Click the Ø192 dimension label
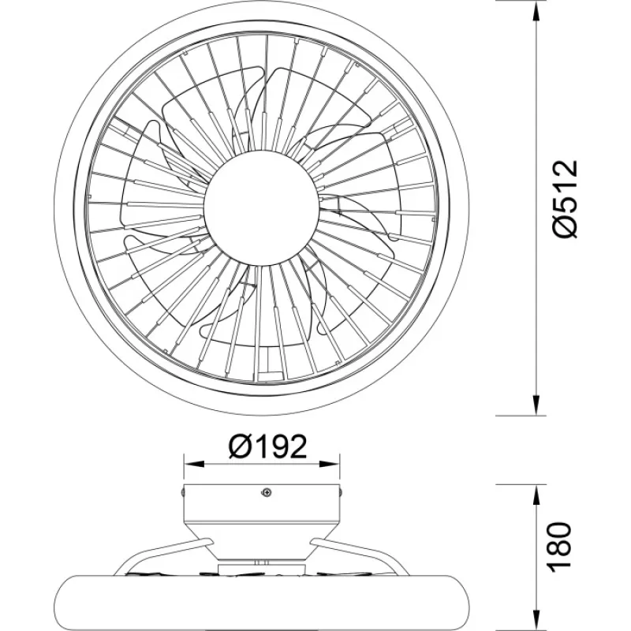pyautogui.click(x=267, y=446)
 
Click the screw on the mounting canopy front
pyautogui.click(x=266, y=491)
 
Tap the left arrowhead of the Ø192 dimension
pyautogui.click(x=194, y=464)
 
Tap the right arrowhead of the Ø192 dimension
pyautogui.click(x=329, y=464)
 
